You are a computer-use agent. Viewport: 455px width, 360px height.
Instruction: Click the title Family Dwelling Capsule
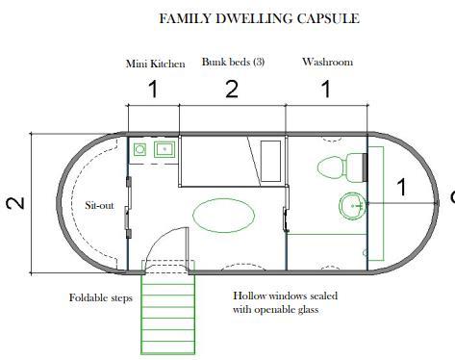coord(259,18)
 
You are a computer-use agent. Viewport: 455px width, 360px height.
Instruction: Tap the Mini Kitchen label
coord(156,64)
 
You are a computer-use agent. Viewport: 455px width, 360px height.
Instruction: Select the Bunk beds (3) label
coord(233,62)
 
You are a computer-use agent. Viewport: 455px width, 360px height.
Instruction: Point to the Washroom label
coord(327,62)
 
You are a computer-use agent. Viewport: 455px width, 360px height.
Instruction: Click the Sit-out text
coord(99,205)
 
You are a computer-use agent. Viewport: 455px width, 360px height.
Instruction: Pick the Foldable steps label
coord(101,297)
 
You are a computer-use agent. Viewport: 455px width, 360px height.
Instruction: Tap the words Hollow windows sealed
coord(285,296)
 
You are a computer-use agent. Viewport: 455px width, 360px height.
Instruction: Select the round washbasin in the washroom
coord(353,206)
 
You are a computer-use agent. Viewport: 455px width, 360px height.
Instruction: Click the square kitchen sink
coord(164,149)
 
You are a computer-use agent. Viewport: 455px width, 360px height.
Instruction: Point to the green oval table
coord(224,216)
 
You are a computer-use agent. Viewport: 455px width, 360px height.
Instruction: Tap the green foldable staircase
coord(168,307)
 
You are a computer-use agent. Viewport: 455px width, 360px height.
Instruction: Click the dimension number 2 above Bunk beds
coord(232,90)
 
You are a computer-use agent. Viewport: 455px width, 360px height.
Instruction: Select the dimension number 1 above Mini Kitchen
coord(154,90)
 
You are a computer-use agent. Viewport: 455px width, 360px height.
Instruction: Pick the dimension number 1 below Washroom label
coord(326,90)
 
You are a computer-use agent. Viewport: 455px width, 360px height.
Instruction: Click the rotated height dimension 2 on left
coord(15,203)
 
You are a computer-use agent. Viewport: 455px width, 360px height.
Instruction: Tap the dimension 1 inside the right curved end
coord(402,187)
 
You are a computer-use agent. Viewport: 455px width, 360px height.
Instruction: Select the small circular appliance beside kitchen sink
coord(139,149)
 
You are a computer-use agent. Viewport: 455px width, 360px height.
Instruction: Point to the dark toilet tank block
coord(365,167)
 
